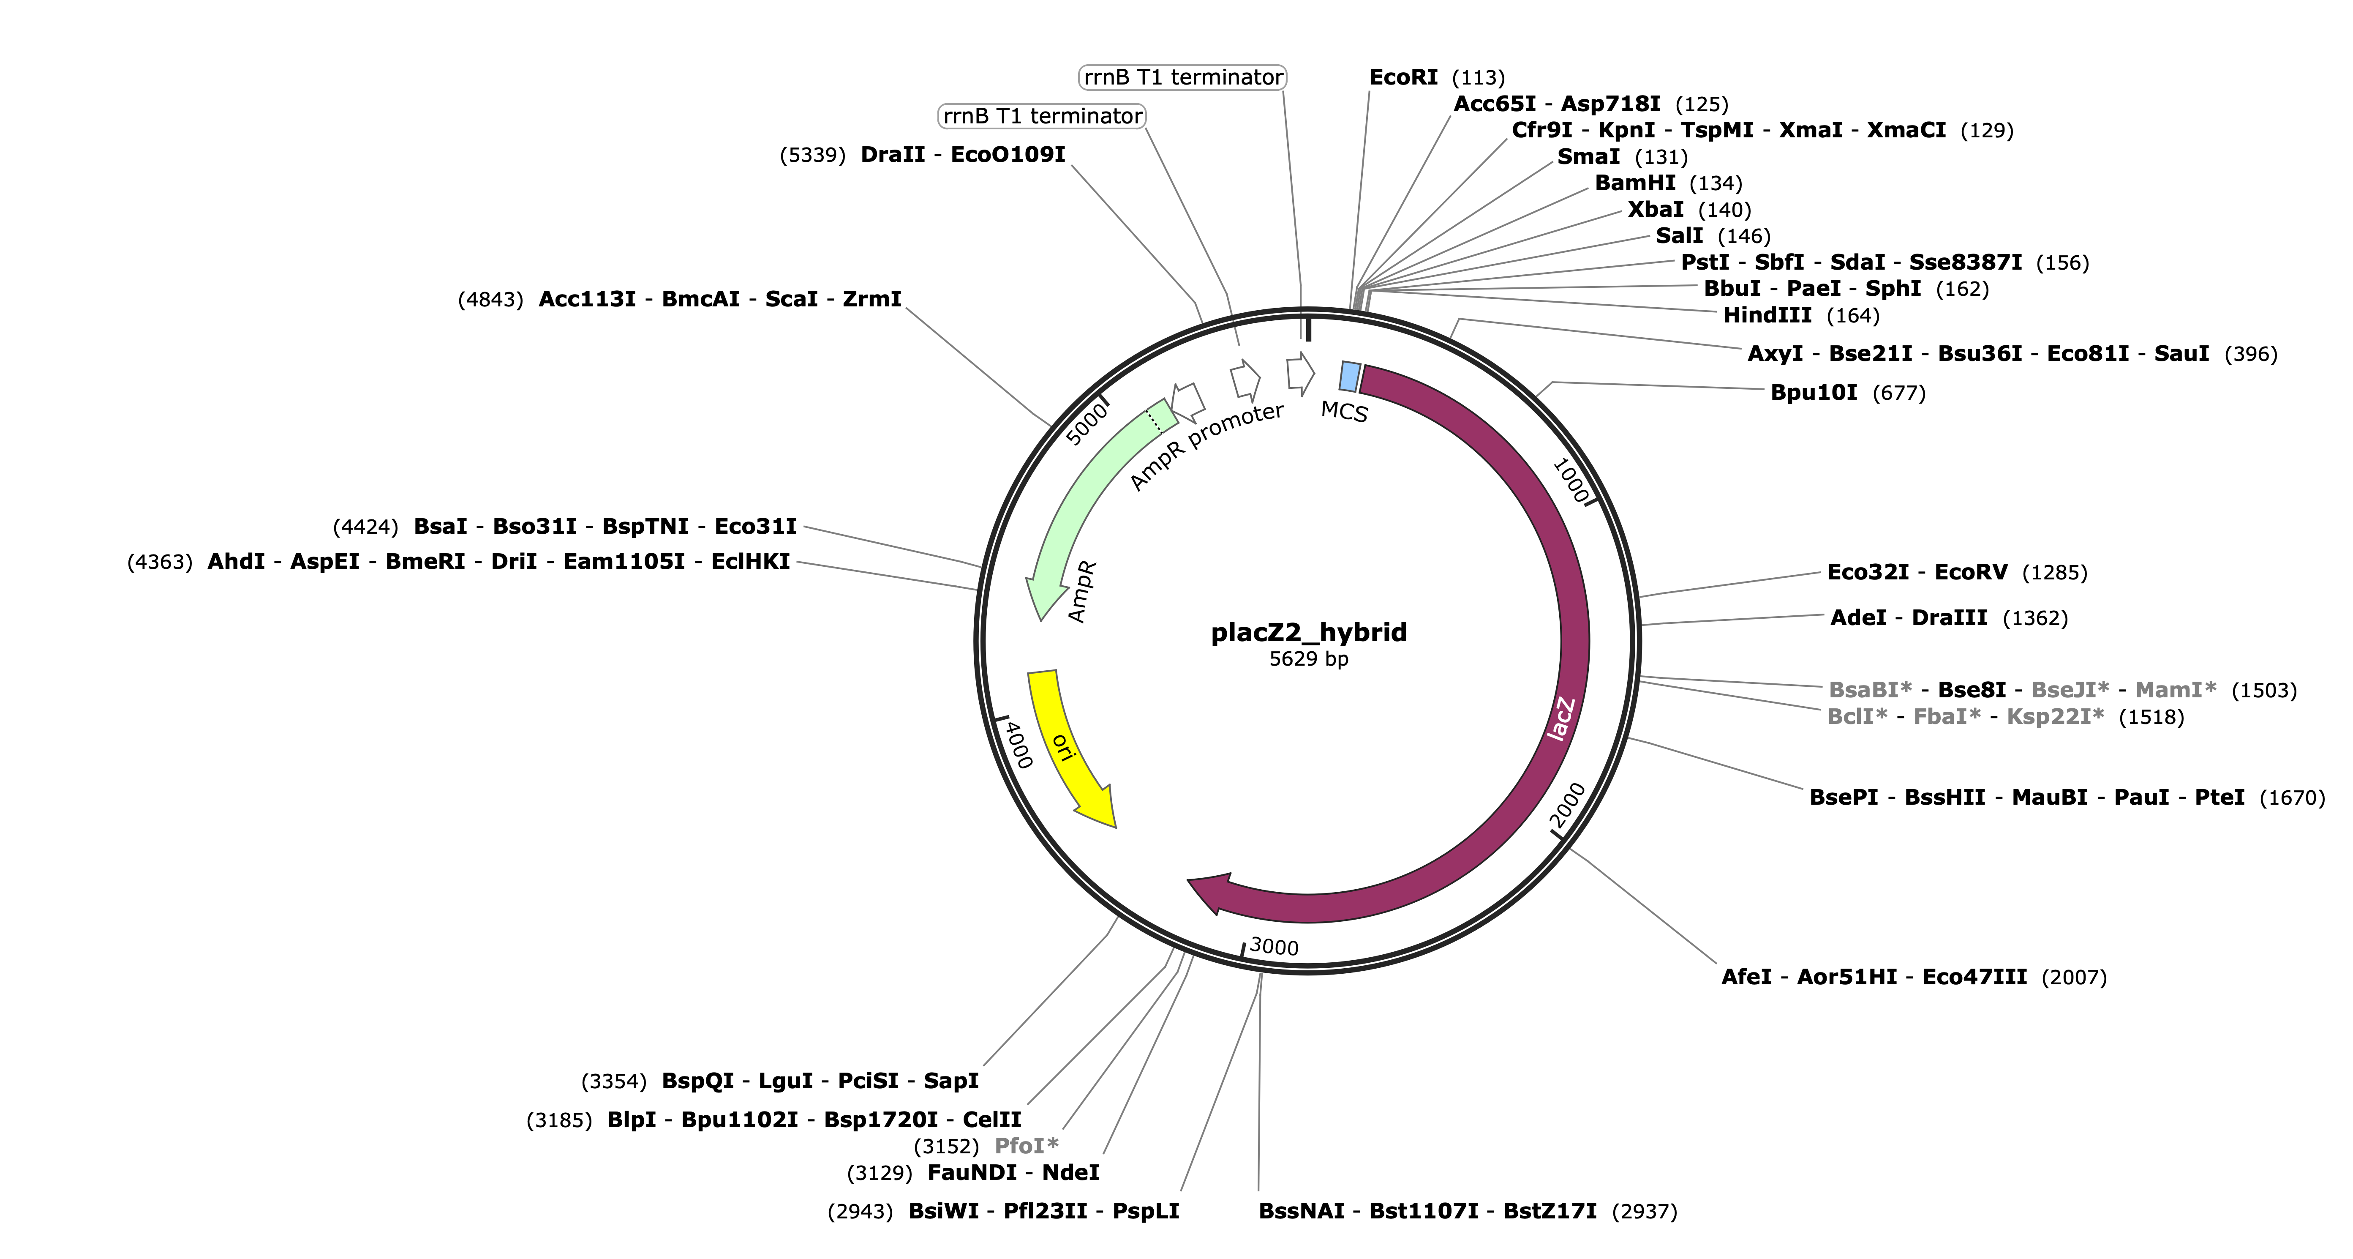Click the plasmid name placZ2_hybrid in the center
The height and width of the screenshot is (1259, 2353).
pyautogui.click(x=1308, y=632)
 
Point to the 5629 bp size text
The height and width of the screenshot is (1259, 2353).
pyautogui.click(x=1308, y=659)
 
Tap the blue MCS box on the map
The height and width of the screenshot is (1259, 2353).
pyautogui.click(x=1350, y=377)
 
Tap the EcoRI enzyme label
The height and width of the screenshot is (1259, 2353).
pyautogui.click(x=1403, y=78)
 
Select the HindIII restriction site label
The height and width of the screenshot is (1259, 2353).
pyautogui.click(x=1767, y=315)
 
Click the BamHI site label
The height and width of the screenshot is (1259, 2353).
pyautogui.click(x=1635, y=183)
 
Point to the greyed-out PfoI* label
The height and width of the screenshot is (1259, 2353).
pyautogui.click(x=1026, y=1146)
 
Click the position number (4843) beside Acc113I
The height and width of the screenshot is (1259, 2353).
pyautogui.click(x=490, y=300)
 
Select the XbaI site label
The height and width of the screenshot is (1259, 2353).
pyautogui.click(x=1655, y=209)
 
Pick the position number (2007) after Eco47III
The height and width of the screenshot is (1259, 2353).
pyautogui.click(x=2075, y=978)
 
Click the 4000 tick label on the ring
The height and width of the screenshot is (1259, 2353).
pyautogui.click(x=1018, y=745)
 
